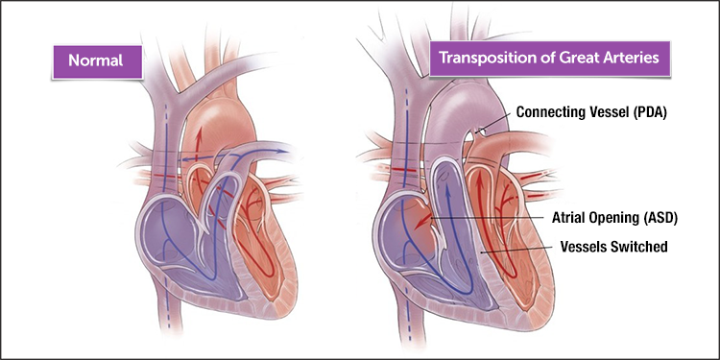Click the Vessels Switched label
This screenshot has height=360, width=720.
pos(613,247)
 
